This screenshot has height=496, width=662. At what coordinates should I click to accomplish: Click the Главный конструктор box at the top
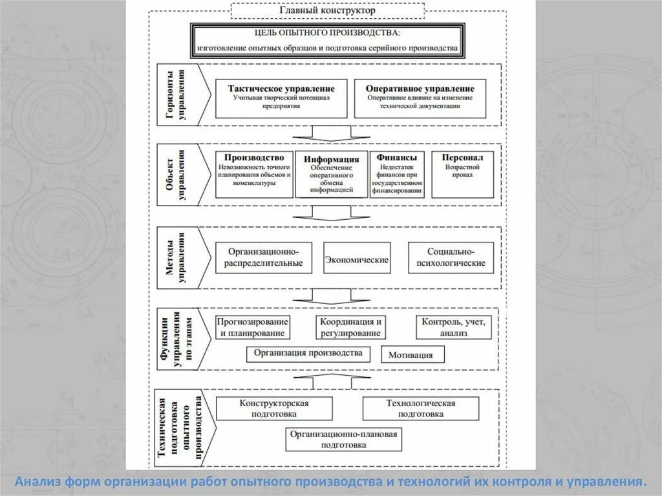pyautogui.click(x=327, y=10)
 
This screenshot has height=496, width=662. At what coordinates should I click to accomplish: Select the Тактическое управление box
pyautogui.click(x=281, y=98)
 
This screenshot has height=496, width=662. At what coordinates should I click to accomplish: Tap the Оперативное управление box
pyautogui.click(x=420, y=98)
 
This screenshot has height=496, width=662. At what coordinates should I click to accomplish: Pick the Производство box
pyautogui.click(x=254, y=173)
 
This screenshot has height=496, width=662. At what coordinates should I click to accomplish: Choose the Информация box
pyautogui.click(x=331, y=174)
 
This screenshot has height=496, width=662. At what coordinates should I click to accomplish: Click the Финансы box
pyautogui.click(x=397, y=173)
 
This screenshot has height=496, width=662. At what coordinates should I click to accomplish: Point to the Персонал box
pyautogui.click(x=462, y=173)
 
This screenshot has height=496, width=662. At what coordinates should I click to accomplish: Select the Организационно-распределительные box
pyautogui.click(x=263, y=257)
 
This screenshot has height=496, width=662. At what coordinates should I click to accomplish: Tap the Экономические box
pyautogui.click(x=356, y=259)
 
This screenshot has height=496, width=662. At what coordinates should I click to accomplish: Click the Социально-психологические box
pyautogui.click(x=451, y=257)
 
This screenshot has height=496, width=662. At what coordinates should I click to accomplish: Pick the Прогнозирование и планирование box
pyautogui.click(x=251, y=327)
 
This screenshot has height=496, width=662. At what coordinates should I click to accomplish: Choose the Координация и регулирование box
pyautogui.click(x=350, y=327)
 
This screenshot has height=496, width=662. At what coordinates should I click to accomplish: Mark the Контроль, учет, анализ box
pyautogui.click(x=453, y=327)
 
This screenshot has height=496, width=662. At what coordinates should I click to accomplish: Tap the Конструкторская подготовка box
pyautogui.click(x=274, y=408)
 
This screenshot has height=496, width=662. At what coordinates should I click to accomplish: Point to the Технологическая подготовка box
pyautogui.click(x=421, y=408)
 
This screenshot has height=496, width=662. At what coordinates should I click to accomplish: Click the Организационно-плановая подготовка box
pyautogui.click(x=343, y=440)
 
